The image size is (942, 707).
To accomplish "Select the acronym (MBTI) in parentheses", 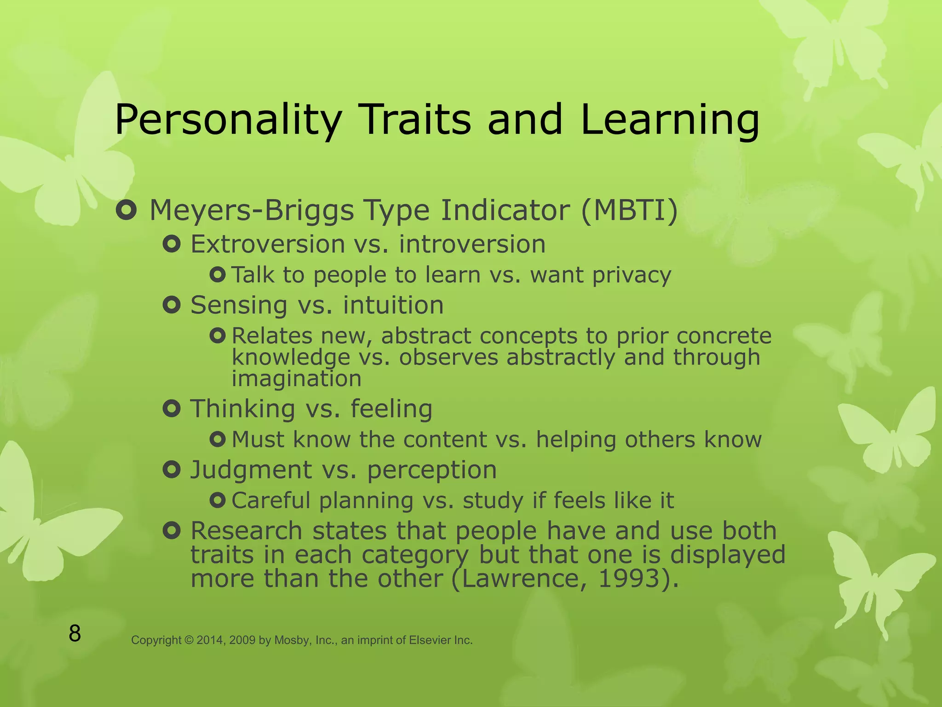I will point(630,210).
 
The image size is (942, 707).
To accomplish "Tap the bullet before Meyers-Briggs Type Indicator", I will point(126,211).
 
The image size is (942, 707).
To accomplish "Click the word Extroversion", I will point(268,244).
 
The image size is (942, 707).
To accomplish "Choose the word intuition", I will point(393,305).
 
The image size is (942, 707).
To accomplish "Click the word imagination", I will point(297,379).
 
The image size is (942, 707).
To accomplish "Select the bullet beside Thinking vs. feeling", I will point(172,409).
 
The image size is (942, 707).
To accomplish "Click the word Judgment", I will point(251,470).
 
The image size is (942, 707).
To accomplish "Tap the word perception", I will point(432,470).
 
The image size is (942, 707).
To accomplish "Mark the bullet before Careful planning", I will point(217,500).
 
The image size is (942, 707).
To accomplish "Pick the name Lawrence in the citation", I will point(524,579).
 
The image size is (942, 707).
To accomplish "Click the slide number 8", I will point(75,633).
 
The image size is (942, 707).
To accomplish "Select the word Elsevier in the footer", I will point(430,640).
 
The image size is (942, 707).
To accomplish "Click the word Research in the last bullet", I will point(247,531).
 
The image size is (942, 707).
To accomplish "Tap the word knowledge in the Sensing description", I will point(291,358).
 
